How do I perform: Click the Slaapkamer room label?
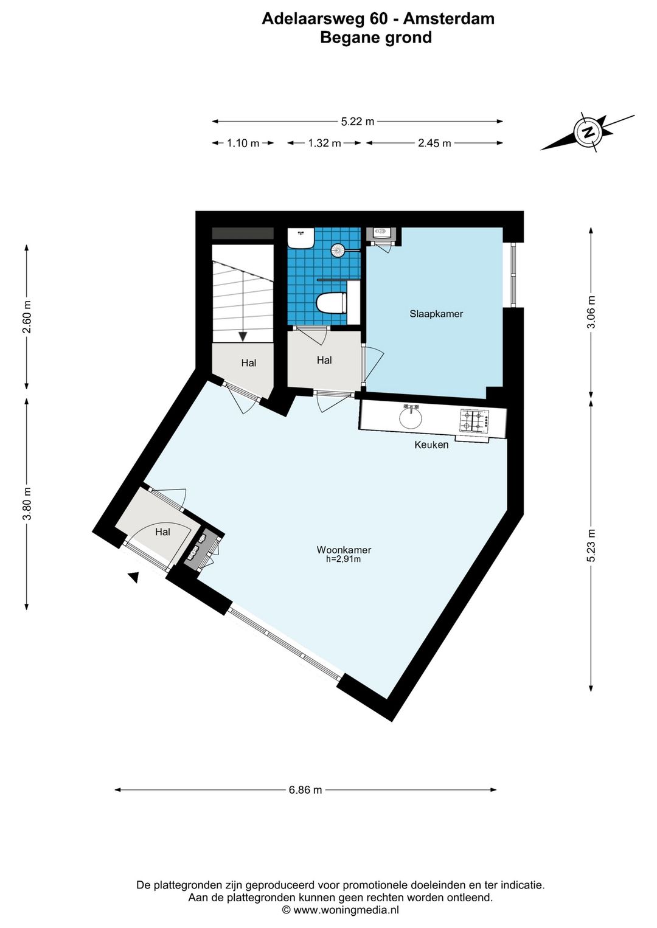(x=436, y=314)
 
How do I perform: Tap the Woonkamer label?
(x=344, y=550)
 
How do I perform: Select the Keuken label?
(x=431, y=445)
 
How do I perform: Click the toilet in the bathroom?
(x=331, y=303)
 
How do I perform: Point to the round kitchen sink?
(x=411, y=419)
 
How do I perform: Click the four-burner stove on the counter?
(x=474, y=420)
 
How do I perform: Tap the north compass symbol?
(x=588, y=133)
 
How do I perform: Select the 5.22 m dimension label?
(x=357, y=122)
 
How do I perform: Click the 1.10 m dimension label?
(x=243, y=144)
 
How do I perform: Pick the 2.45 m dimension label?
(x=434, y=144)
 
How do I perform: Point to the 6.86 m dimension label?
(x=305, y=789)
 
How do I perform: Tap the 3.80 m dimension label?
(x=27, y=504)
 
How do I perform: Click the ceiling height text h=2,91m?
(x=344, y=559)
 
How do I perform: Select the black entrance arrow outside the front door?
(x=133, y=577)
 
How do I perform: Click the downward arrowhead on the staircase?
(x=243, y=336)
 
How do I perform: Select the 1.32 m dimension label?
(x=324, y=144)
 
